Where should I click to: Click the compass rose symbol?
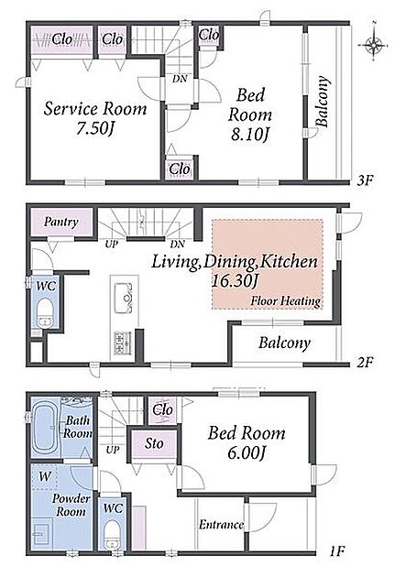coord(374,44)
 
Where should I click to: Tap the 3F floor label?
coord(367,181)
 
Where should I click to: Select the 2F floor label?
coord(366,363)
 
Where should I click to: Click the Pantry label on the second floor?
coord(61,222)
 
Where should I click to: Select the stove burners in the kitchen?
coord(123,343)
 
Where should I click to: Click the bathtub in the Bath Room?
coord(45,427)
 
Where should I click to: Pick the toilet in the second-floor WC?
coord(45,312)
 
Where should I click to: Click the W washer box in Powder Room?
coord(45,477)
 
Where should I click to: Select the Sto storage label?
coord(153,443)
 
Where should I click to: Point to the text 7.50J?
coord(95,128)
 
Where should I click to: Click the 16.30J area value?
coord(235,281)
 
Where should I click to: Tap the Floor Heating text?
coord(286,301)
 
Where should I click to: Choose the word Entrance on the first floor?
coord(221,525)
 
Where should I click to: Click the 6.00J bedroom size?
coord(247,453)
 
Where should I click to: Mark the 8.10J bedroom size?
coord(250,135)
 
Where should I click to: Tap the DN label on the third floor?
coord(180,79)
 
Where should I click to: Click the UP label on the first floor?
coord(112,450)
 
